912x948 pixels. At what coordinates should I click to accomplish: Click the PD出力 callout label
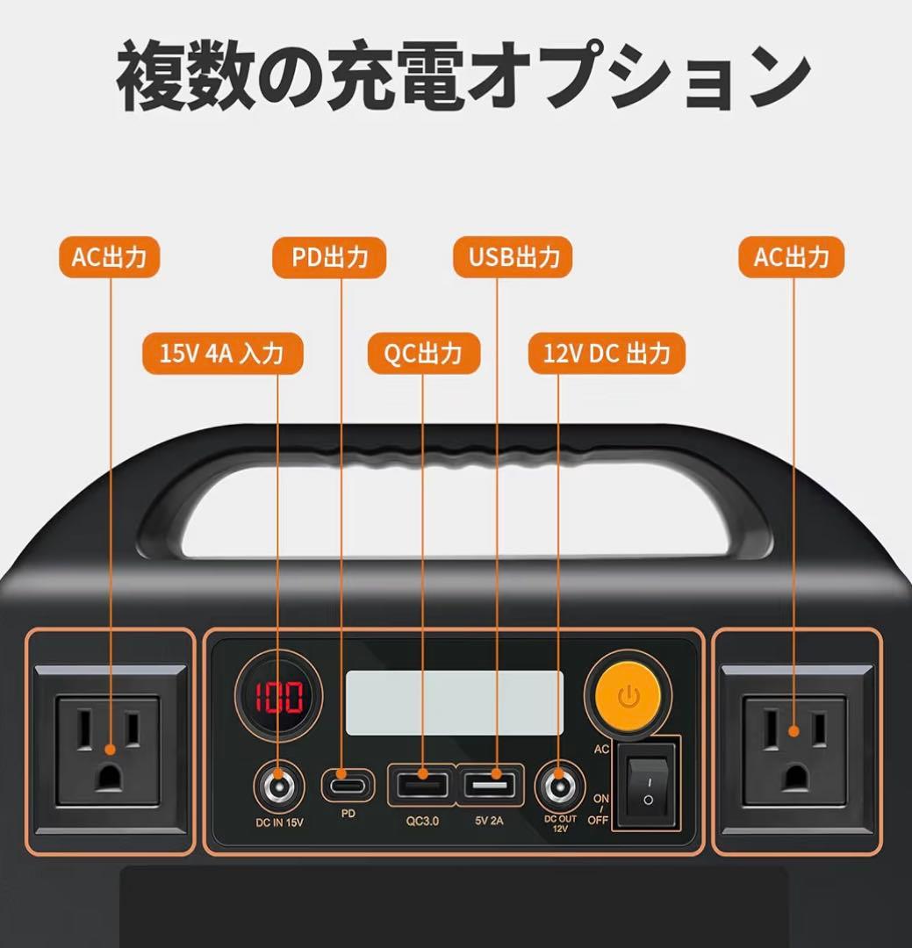329,258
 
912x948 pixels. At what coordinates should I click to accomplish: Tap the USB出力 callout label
513,258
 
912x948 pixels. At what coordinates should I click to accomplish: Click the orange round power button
628,697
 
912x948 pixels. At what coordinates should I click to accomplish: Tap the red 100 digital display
278,697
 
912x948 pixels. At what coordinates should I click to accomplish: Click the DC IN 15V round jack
278,785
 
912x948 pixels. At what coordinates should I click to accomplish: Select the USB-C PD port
348,784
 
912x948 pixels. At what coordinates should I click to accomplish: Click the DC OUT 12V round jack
559,786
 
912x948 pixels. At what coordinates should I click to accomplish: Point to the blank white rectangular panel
454,702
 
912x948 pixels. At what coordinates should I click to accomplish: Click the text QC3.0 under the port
422,822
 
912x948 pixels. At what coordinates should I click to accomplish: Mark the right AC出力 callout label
791,258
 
